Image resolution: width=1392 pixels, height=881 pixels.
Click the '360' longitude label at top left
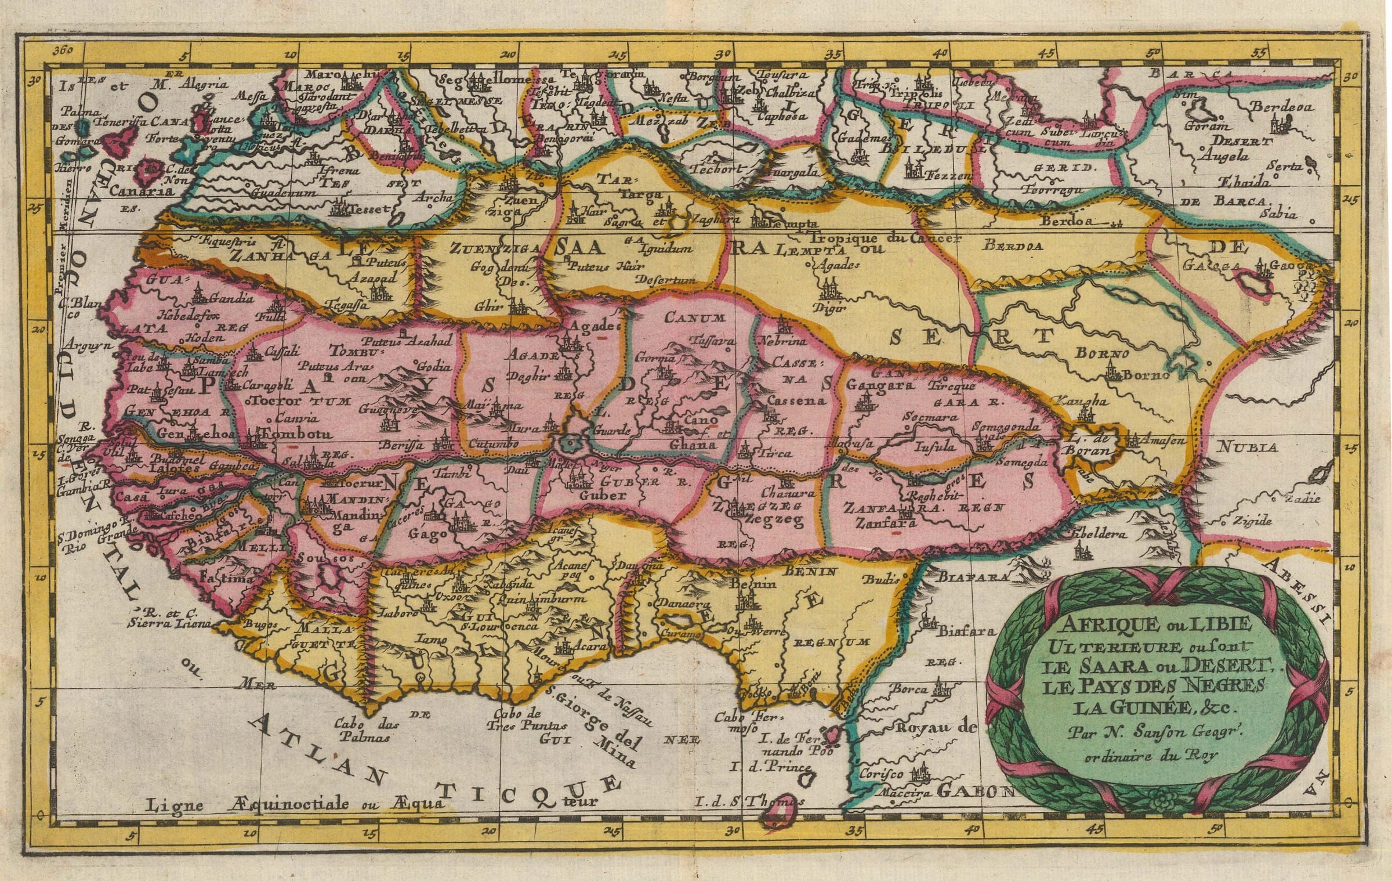tap(62, 50)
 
